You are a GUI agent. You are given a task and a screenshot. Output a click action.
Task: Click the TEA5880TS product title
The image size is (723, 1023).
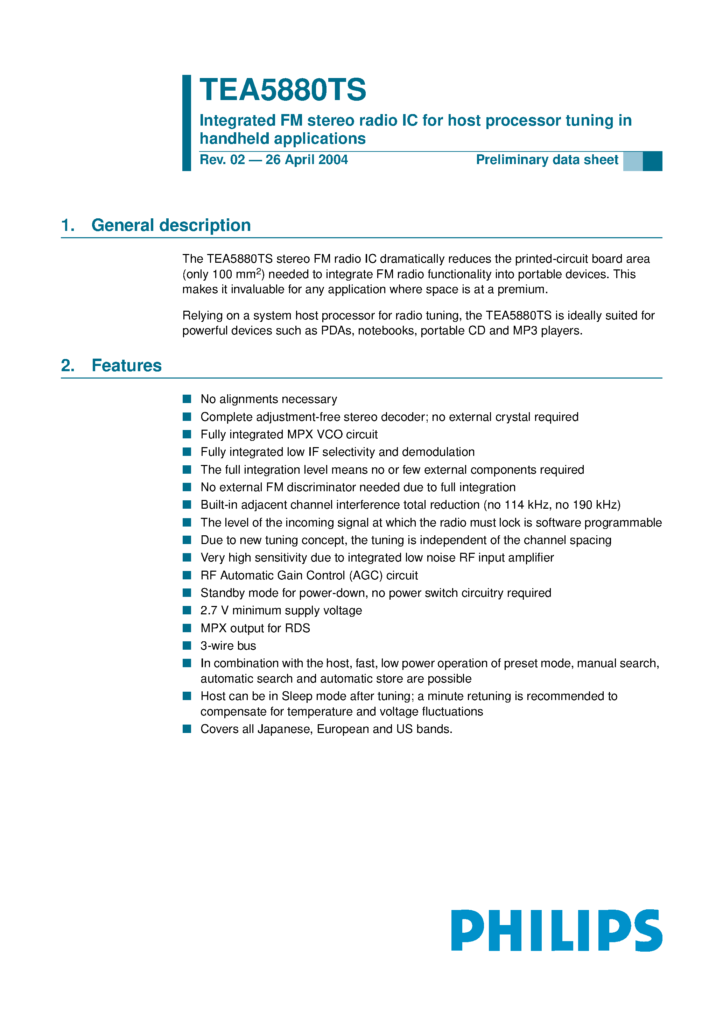pyautogui.click(x=283, y=90)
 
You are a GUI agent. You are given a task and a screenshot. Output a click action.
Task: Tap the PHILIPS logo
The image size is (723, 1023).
pyautogui.click(x=556, y=930)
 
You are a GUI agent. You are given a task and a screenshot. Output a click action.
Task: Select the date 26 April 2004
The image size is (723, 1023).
pyautogui.click(x=307, y=160)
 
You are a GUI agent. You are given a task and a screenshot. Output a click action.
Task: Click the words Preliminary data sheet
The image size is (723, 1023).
pyautogui.click(x=547, y=160)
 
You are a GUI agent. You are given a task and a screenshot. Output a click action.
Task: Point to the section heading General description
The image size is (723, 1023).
pyautogui.click(x=171, y=225)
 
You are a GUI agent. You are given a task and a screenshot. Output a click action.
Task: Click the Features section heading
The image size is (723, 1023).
pyautogui.click(x=127, y=366)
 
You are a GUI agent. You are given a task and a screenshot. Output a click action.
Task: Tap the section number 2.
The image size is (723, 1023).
pyautogui.click(x=67, y=366)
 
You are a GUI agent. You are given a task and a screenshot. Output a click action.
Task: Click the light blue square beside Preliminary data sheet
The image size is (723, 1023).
pyautogui.click(x=632, y=161)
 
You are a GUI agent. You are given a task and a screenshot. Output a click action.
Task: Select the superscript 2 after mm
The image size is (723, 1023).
pyautogui.click(x=259, y=271)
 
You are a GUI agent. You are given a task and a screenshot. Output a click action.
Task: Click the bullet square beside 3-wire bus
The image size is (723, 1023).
pyautogui.click(x=187, y=645)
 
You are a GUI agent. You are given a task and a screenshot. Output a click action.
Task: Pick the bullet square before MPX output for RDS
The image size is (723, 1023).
pyautogui.click(x=187, y=628)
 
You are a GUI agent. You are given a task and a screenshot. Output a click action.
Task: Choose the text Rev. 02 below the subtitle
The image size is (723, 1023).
pyautogui.click(x=222, y=160)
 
